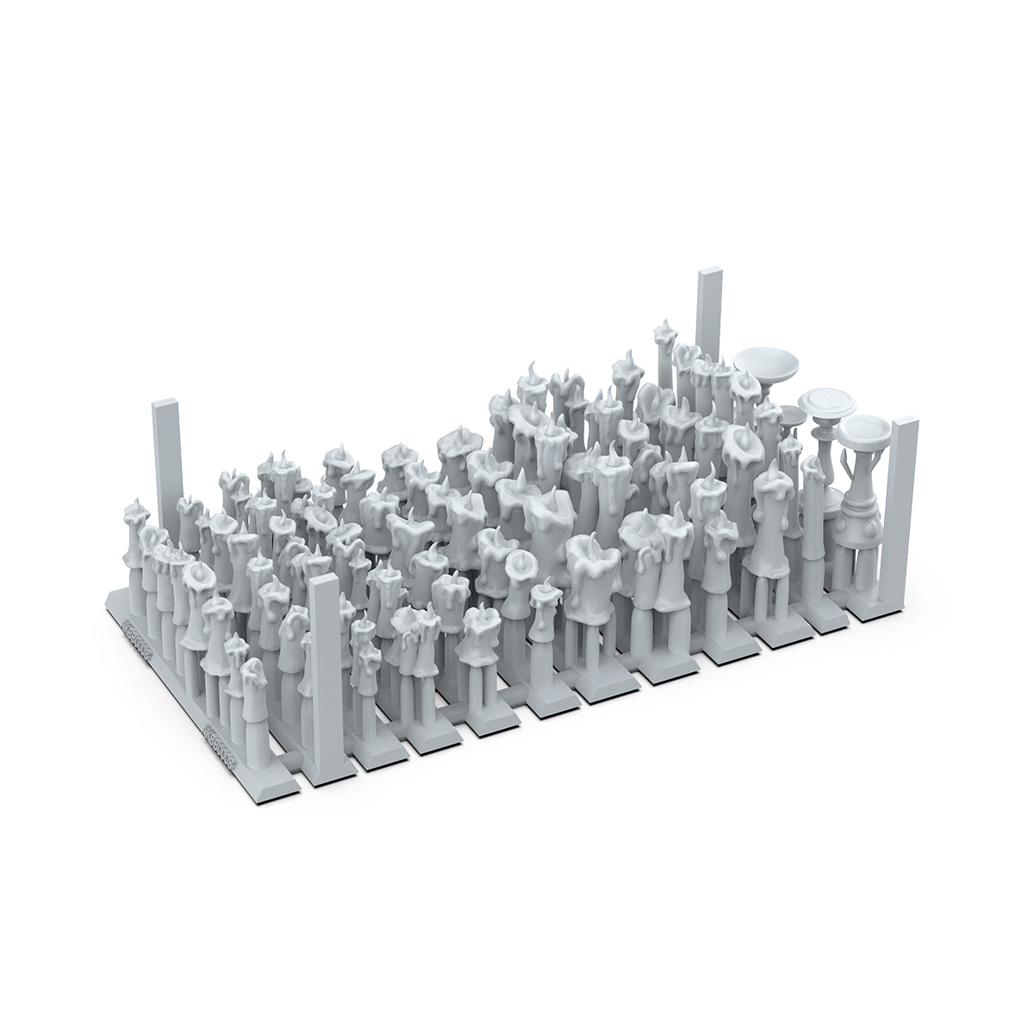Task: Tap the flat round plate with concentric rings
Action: [x=824, y=402]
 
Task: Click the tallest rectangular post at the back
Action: [x=708, y=319]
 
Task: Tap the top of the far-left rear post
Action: [x=165, y=404]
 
